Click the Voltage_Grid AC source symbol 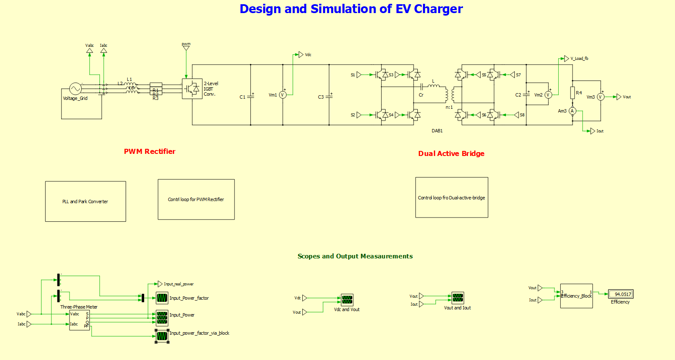tap(75, 89)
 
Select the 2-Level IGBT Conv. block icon tap(192, 89)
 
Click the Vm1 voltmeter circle tap(283, 95)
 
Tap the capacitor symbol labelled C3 tap(329, 97)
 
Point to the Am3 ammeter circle tap(572, 111)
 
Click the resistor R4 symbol tap(573, 93)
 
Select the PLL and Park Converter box tap(86, 201)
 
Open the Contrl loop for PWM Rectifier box tap(196, 199)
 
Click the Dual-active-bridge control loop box tap(452, 197)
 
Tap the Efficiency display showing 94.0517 tap(621, 294)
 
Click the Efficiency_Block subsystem tap(576, 296)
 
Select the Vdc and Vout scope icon tap(347, 300)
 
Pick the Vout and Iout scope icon tap(458, 298)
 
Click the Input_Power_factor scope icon tap(162, 298)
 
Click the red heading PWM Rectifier tap(150, 151)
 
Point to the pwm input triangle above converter tap(186, 48)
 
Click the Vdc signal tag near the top tap(301, 54)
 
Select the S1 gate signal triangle tap(359, 75)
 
